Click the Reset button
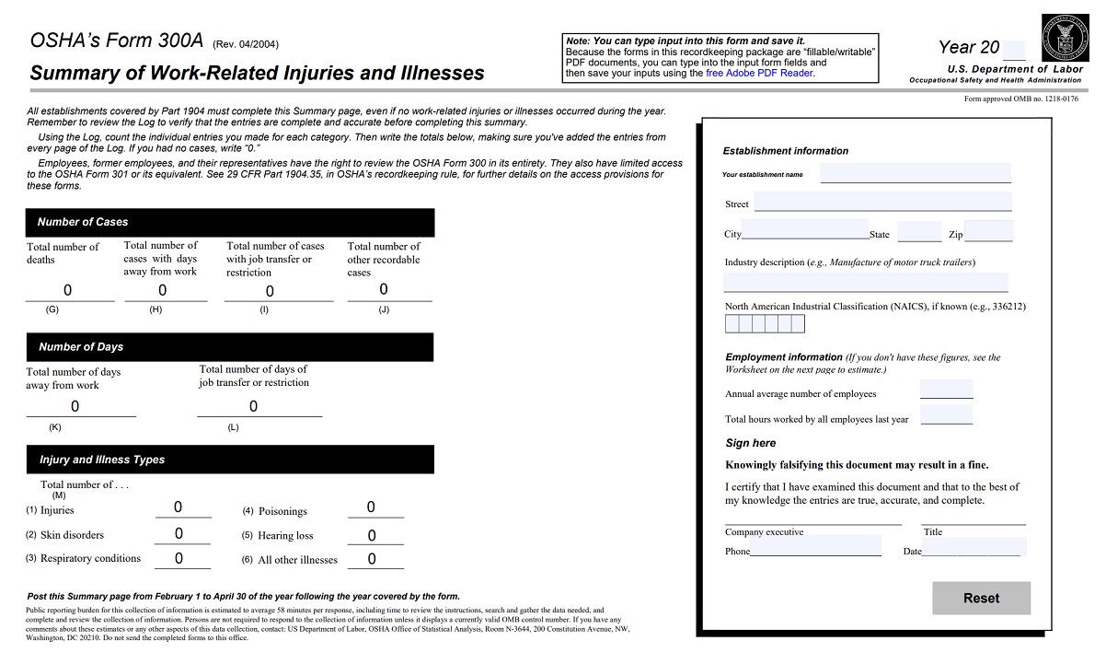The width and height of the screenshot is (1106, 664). [981, 598]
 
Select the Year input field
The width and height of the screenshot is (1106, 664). [1013, 50]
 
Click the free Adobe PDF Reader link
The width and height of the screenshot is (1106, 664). [759, 73]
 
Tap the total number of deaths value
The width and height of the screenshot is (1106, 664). [68, 291]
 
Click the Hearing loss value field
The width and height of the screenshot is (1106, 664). [373, 535]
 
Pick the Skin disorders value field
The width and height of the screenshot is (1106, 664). [179, 533]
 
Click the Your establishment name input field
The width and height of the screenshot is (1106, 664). [915, 173]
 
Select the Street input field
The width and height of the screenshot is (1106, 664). [881, 203]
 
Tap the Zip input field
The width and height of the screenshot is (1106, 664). [988, 232]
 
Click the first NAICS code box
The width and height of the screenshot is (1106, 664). [732, 323]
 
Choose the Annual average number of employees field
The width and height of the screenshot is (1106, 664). [946, 390]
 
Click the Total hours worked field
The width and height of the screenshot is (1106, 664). [946, 416]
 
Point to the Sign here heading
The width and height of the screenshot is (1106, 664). [751, 443]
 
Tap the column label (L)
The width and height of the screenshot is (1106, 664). [233, 427]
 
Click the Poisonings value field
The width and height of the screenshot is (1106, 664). [373, 507]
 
